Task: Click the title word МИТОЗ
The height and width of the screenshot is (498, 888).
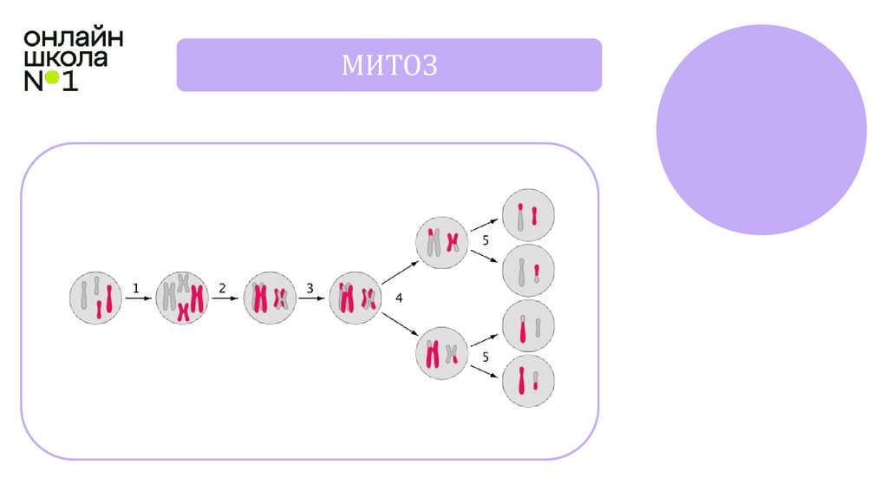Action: (388, 65)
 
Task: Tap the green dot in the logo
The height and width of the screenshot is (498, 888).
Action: (52, 78)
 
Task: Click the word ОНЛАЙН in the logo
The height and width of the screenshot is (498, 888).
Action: (73, 38)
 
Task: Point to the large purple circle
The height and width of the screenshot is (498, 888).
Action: (761, 129)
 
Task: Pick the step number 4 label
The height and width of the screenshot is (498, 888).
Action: (399, 298)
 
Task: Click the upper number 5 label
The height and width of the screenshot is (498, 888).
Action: (486, 239)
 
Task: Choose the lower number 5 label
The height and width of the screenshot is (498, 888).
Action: (486, 357)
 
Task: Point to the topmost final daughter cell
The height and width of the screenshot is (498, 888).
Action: (529, 214)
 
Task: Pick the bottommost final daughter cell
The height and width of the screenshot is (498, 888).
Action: (529, 381)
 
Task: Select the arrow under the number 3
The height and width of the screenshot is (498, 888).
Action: (311, 298)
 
